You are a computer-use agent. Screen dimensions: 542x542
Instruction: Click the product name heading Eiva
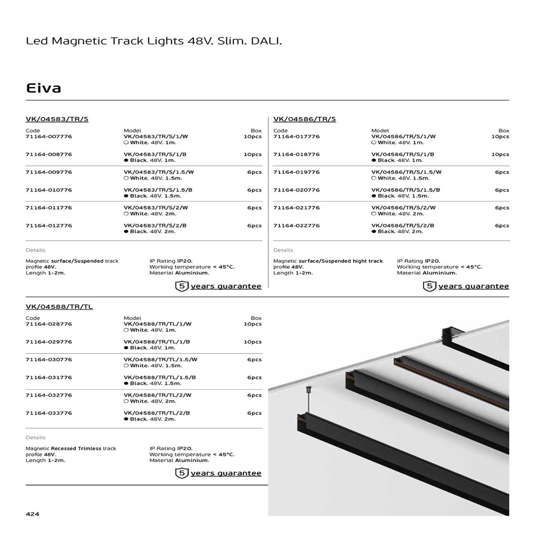43,88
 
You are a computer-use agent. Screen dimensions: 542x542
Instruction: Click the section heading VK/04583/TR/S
57,119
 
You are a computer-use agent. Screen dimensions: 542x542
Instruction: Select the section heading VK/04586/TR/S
304,119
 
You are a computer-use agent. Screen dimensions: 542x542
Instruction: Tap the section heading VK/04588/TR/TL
59,306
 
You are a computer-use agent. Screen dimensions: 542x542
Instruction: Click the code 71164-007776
49,137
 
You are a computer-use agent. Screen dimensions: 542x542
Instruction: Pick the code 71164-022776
296,225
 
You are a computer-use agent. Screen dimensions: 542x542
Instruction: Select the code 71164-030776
49,360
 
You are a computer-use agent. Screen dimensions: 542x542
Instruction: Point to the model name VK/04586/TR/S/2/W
403,208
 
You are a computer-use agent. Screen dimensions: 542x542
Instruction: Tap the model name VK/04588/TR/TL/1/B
156,342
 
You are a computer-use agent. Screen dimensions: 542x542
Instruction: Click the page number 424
33,514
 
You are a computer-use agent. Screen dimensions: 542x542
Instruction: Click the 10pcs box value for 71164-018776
500,154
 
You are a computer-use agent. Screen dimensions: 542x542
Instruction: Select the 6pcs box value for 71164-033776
254,413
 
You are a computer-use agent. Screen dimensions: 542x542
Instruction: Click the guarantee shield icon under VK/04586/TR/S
429,286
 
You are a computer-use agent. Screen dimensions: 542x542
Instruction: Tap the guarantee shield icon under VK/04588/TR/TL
182,473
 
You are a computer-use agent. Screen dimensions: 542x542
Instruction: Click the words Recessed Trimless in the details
76,448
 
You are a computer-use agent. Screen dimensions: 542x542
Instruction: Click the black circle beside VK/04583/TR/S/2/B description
126,232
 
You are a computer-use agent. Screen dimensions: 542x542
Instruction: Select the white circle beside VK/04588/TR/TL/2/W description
126,401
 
